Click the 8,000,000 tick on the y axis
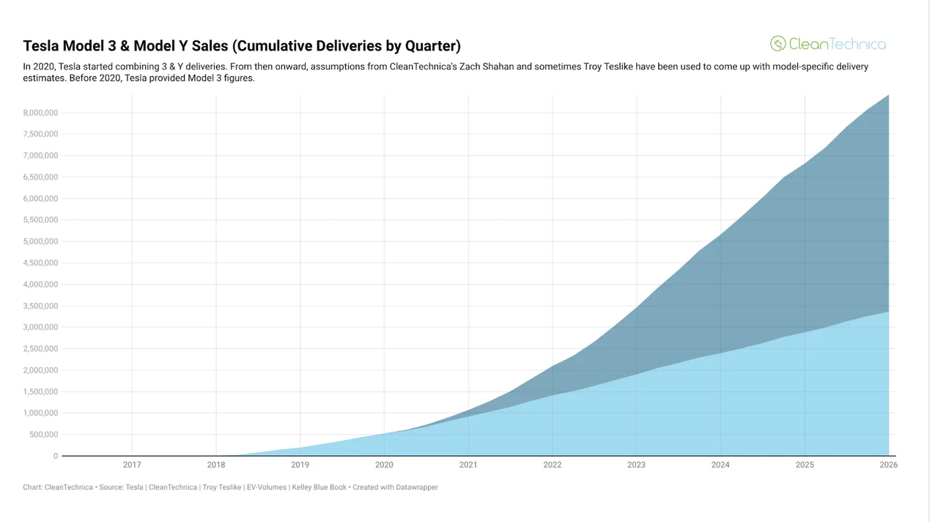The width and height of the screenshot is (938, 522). point(40,112)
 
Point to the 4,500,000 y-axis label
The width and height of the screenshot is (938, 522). point(40,262)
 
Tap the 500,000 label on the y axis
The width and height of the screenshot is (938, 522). point(43,434)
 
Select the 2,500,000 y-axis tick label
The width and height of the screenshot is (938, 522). point(40,348)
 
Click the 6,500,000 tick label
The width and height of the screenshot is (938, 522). point(40,177)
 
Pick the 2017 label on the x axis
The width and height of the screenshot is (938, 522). point(132,465)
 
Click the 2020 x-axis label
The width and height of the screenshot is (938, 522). point(384,465)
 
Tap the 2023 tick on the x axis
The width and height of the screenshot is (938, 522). point(636,465)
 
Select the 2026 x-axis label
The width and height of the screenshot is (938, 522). point(888,465)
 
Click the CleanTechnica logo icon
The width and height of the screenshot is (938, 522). point(778,43)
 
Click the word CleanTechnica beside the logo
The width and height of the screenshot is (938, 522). point(837,44)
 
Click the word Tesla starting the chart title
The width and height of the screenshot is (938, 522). point(41,46)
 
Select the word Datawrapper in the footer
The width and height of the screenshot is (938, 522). point(416,487)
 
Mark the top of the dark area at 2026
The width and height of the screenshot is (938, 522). point(889,95)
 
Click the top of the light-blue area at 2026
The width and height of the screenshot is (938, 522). point(889,312)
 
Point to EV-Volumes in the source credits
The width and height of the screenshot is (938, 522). point(267,487)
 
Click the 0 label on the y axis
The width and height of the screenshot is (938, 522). point(55,456)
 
